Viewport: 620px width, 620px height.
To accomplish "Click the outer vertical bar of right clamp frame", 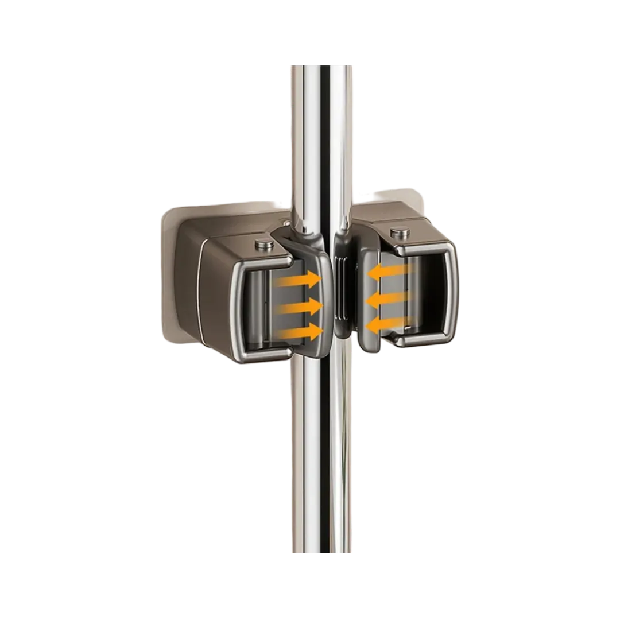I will click(x=454, y=293).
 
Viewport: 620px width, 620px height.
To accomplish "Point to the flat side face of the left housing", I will click(x=215, y=299).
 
